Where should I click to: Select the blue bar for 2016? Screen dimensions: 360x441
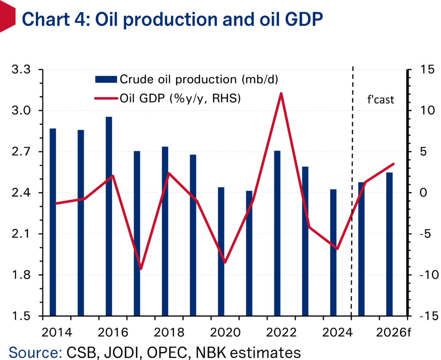(x=109, y=215)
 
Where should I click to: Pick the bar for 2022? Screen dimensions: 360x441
(x=277, y=233)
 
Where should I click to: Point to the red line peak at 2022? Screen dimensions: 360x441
(x=281, y=93)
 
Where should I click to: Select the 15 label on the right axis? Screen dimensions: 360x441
(x=418, y=70)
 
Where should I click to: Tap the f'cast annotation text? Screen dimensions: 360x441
(x=378, y=101)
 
